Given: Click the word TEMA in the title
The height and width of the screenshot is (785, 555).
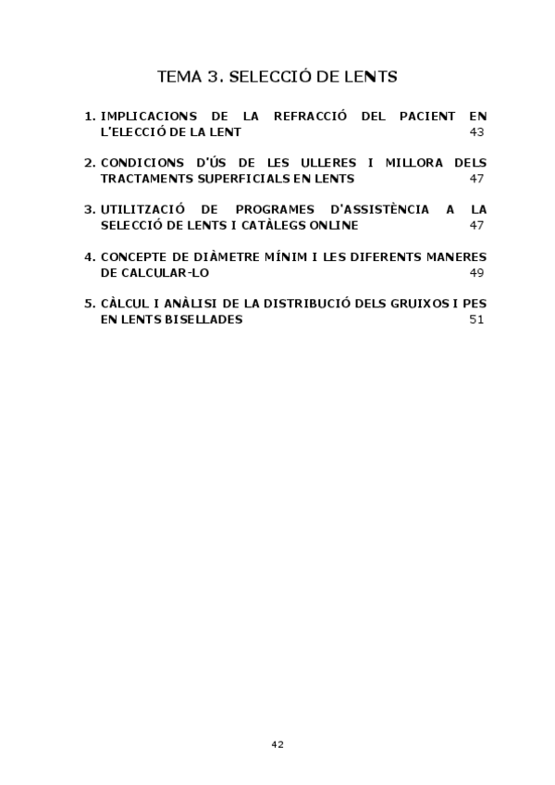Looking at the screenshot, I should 179,77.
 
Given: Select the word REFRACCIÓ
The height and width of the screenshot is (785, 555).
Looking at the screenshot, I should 310,117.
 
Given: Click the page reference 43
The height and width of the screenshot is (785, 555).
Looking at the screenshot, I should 477,132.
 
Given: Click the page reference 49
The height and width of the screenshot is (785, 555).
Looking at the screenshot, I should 477,272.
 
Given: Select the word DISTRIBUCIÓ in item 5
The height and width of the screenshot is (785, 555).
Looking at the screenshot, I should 300,303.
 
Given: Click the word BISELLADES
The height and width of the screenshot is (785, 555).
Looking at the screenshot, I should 201,319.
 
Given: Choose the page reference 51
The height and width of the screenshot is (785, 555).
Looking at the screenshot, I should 477,319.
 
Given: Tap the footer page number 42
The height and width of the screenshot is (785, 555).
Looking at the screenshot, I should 277,744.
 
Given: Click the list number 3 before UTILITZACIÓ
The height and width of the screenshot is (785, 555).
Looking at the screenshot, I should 88,209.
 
